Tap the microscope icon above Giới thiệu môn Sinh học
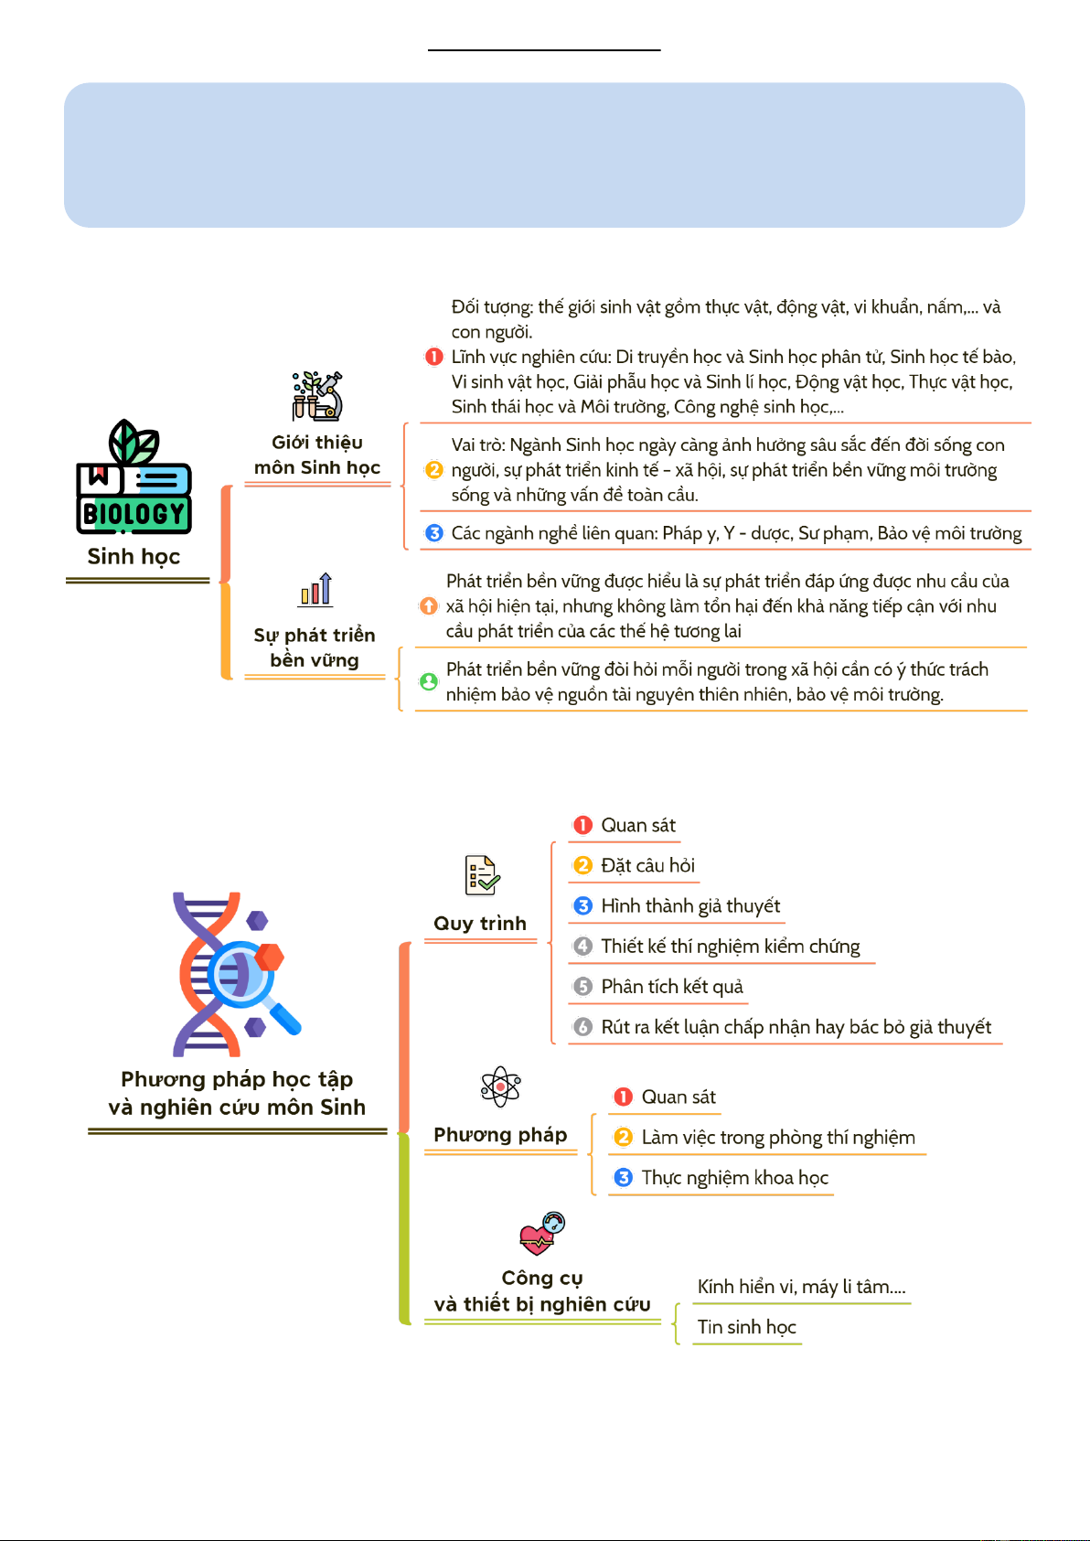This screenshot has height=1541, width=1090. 317,396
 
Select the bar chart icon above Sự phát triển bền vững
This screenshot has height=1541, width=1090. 315,589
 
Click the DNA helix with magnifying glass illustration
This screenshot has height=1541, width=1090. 237,974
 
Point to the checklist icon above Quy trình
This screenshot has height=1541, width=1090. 481,875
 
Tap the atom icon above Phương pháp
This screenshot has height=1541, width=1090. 500,1086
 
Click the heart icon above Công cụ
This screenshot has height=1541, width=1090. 541,1234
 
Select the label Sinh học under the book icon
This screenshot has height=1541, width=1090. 134,556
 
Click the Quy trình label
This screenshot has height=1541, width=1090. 480,924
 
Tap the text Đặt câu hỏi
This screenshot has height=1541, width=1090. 647,865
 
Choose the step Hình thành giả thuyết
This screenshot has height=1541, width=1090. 690,905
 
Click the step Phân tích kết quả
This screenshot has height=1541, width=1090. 672,986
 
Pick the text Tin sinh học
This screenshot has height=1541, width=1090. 746,1327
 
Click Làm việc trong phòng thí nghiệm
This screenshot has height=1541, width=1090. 778,1137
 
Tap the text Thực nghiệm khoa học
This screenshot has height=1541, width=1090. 734,1177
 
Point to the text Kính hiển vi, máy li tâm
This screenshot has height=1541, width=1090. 801,1287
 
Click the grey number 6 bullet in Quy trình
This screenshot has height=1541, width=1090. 582,1027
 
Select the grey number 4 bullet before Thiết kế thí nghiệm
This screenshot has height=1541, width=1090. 582,947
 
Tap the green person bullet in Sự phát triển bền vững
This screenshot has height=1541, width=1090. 428,681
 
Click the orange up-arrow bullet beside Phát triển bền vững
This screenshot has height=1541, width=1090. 428,605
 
